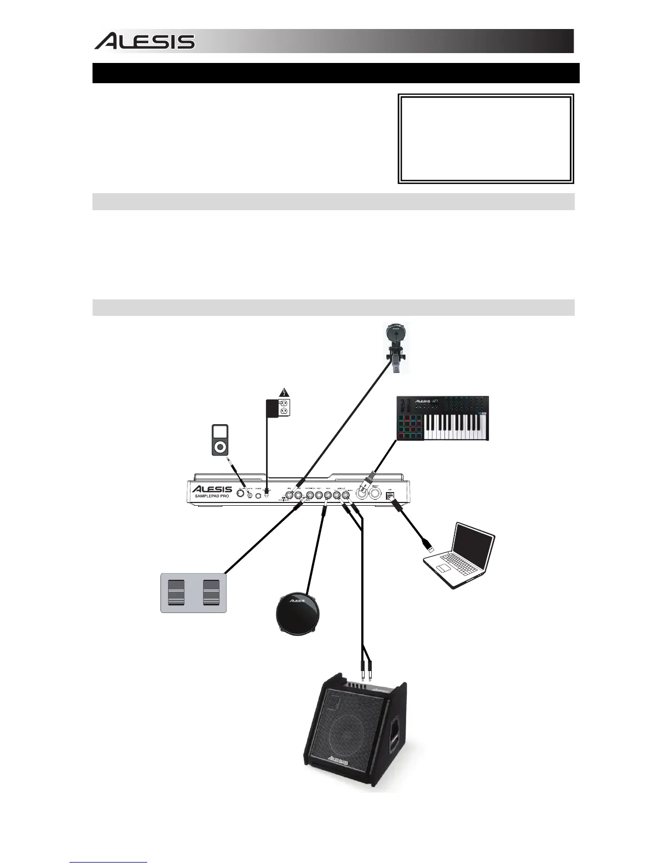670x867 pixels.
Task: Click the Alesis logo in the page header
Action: [x=145, y=42]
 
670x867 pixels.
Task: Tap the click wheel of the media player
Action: [x=220, y=446]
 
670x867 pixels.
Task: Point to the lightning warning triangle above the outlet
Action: [x=283, y=391]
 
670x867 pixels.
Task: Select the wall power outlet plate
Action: [x=284, y=408]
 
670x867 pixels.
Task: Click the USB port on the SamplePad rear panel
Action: [x=390, y=496]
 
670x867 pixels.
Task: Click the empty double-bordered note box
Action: [x=486, y=139]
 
